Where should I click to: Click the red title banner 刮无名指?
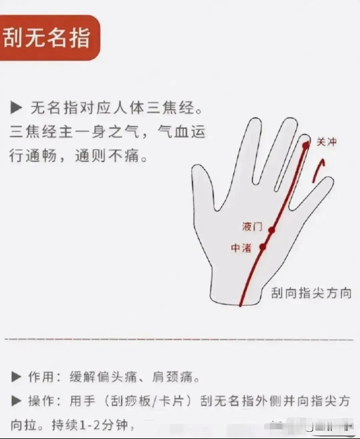pos(50,38)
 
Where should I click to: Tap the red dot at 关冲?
pos(305,145)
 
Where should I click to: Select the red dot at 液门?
pos(272,230)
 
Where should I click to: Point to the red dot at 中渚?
pos(263,247)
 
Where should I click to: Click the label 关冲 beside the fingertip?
pos(326,142)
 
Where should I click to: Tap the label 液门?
pos(252,226)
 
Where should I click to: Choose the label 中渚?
pos(241,248)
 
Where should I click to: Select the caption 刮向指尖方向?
pos(311,293)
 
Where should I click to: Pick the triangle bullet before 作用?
pos(16,376)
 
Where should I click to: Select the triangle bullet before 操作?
pos(16,401)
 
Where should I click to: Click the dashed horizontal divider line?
pos(179,339)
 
